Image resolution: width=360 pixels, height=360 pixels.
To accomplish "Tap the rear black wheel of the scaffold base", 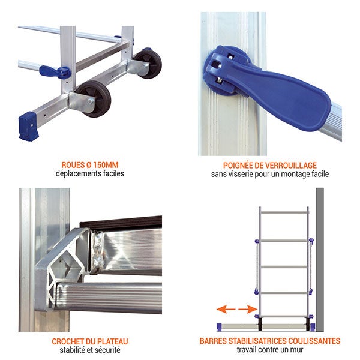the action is [148, 64].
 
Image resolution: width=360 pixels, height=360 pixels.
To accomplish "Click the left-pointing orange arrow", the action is [226, 309].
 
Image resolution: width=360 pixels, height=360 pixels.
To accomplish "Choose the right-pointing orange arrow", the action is [247, 309].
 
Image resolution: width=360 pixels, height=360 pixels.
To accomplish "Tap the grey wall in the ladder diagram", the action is [320, 260].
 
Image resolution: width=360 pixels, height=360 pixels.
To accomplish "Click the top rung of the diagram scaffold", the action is [284, 212].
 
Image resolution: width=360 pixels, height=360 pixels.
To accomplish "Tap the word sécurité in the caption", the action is [108, 350].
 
